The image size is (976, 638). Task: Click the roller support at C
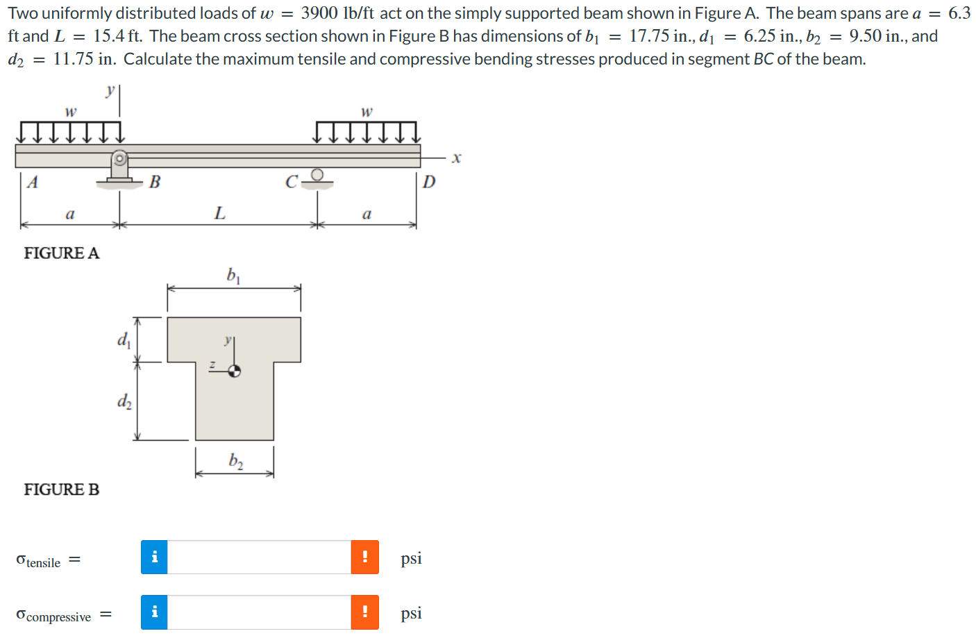point(317,176)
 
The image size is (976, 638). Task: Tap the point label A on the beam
point(32,183)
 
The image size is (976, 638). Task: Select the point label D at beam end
point(429,182)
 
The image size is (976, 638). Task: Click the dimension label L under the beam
point(219,213)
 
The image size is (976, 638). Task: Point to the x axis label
point(456,158)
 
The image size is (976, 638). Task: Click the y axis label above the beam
point(110,90)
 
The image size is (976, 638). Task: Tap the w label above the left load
point(70,111)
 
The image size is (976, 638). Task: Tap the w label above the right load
point(367,111)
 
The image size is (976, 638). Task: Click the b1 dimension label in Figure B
point(233,276)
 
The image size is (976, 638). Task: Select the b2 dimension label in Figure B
point(235,461)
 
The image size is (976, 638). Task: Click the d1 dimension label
point(124,339)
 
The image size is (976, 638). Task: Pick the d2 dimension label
point(124,401)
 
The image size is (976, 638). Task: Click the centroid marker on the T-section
point(235,371)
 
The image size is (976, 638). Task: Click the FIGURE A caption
point(61,253)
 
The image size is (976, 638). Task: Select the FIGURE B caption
point(61,490)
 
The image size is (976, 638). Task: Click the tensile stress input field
point(259,557)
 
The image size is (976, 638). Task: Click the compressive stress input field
point(259,612)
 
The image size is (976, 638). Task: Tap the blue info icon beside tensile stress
point(154,557)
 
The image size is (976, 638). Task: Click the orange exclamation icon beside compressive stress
point(364,612)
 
